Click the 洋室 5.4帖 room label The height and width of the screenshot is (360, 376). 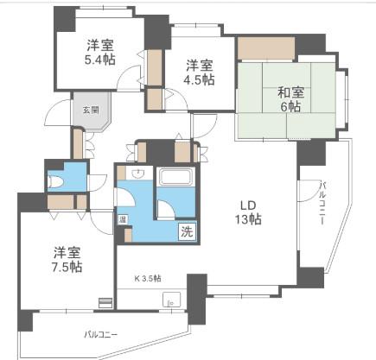pos(100,53)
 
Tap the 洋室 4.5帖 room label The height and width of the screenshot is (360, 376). pos(199,73)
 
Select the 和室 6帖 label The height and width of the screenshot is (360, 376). pos(290,99)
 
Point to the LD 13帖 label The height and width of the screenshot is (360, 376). pos(248,212)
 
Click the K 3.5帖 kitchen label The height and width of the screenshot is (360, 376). pos(148,278)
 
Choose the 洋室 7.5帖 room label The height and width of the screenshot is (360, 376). pos(67,259)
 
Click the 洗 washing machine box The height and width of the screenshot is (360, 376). pos(188,231)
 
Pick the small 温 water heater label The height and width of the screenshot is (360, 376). pos(123,220)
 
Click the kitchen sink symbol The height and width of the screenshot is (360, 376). pos(172,300)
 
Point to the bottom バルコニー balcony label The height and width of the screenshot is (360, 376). pos(101,335)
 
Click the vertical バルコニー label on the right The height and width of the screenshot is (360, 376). pos(322,203)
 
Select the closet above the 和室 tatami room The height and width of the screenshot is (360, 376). pos(265,48)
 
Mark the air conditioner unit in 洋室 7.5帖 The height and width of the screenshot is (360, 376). pos(105,303)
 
